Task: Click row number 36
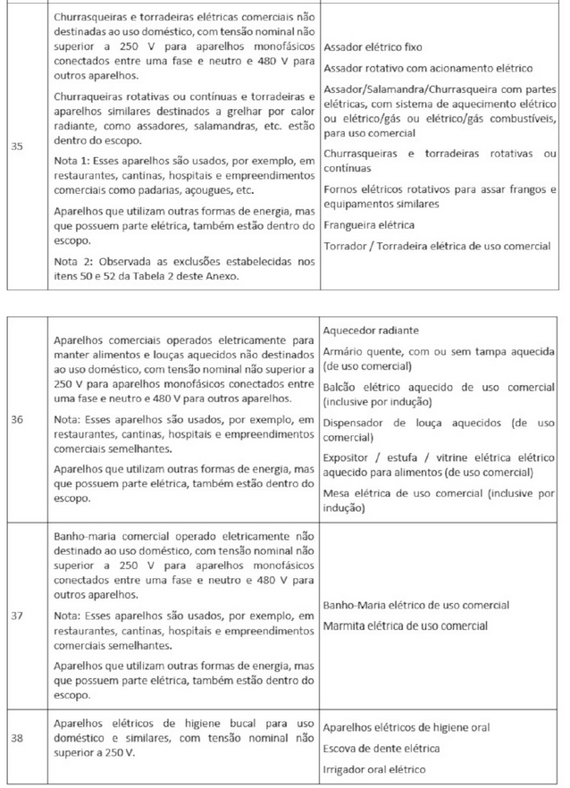[17, 417]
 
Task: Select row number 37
[17, 616]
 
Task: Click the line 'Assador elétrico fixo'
[373, 46]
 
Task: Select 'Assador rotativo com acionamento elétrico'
[428, 68]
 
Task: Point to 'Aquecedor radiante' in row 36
[369, 331]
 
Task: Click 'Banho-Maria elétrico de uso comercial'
[416, 606]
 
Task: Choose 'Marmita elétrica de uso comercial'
[406, 625]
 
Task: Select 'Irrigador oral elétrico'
[374, 768]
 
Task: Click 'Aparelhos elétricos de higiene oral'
[406, 727]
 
